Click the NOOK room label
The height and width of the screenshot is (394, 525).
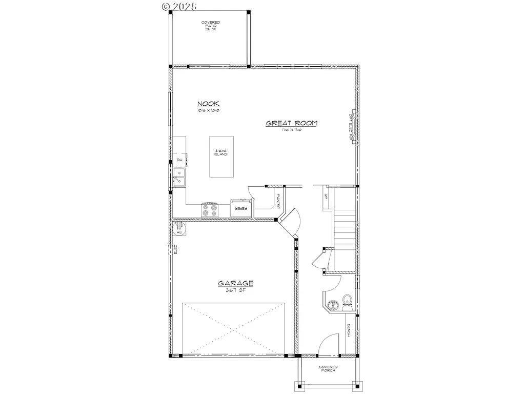(209, 103)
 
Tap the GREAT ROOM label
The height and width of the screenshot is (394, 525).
(291, 123)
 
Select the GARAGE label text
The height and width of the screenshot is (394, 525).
(236, 283)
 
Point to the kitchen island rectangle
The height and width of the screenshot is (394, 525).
(221, 156)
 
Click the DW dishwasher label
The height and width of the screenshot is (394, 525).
(179, 161)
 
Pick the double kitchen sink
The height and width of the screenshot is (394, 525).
(180, 177)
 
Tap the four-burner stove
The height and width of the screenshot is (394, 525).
(210, 209)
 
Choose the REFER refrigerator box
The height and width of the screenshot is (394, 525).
(241, 208)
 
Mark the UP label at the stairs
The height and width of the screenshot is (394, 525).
(326, 196)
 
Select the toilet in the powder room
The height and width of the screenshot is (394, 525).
(347, 301)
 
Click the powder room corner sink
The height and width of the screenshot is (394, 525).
(332, 305)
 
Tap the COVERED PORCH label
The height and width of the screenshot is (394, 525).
(328, 368)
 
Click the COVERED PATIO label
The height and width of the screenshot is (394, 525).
(210, 26)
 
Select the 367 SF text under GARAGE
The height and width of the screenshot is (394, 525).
(236, 290)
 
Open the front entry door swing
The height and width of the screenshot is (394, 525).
(328, 344)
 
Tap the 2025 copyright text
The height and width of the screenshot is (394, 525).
(183, 6)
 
